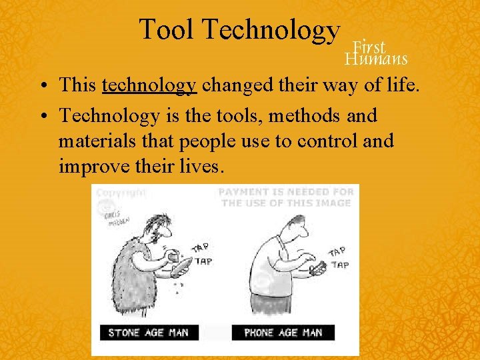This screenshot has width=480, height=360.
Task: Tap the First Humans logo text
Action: [376, 53]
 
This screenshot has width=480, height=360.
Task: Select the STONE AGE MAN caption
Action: [149, 333]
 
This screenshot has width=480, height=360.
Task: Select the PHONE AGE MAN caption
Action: [283, 333]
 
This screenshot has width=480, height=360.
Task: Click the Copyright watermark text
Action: [121, 193]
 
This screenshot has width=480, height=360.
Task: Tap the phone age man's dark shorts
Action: [276, 303]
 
